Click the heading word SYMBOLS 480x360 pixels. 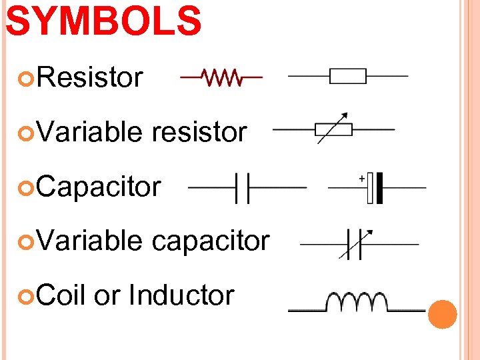tap(103, 21)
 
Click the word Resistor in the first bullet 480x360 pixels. tap(90, 77)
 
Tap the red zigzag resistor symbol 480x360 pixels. tap(222, 77)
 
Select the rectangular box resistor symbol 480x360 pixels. tap(348, 76)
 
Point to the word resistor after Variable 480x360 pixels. tap(199, 132)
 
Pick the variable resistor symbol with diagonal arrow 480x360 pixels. tap(333, 129)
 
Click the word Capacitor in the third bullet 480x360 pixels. tap(99, 187)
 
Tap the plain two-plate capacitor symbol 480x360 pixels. tap(243, 188)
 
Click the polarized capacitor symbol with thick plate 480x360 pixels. tap(377, 187)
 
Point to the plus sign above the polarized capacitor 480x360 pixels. tap(361, 178)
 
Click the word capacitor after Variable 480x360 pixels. tap(211, 241)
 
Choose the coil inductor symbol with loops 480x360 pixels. tap(356, 303)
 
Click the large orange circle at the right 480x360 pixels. tap(443, 314)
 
